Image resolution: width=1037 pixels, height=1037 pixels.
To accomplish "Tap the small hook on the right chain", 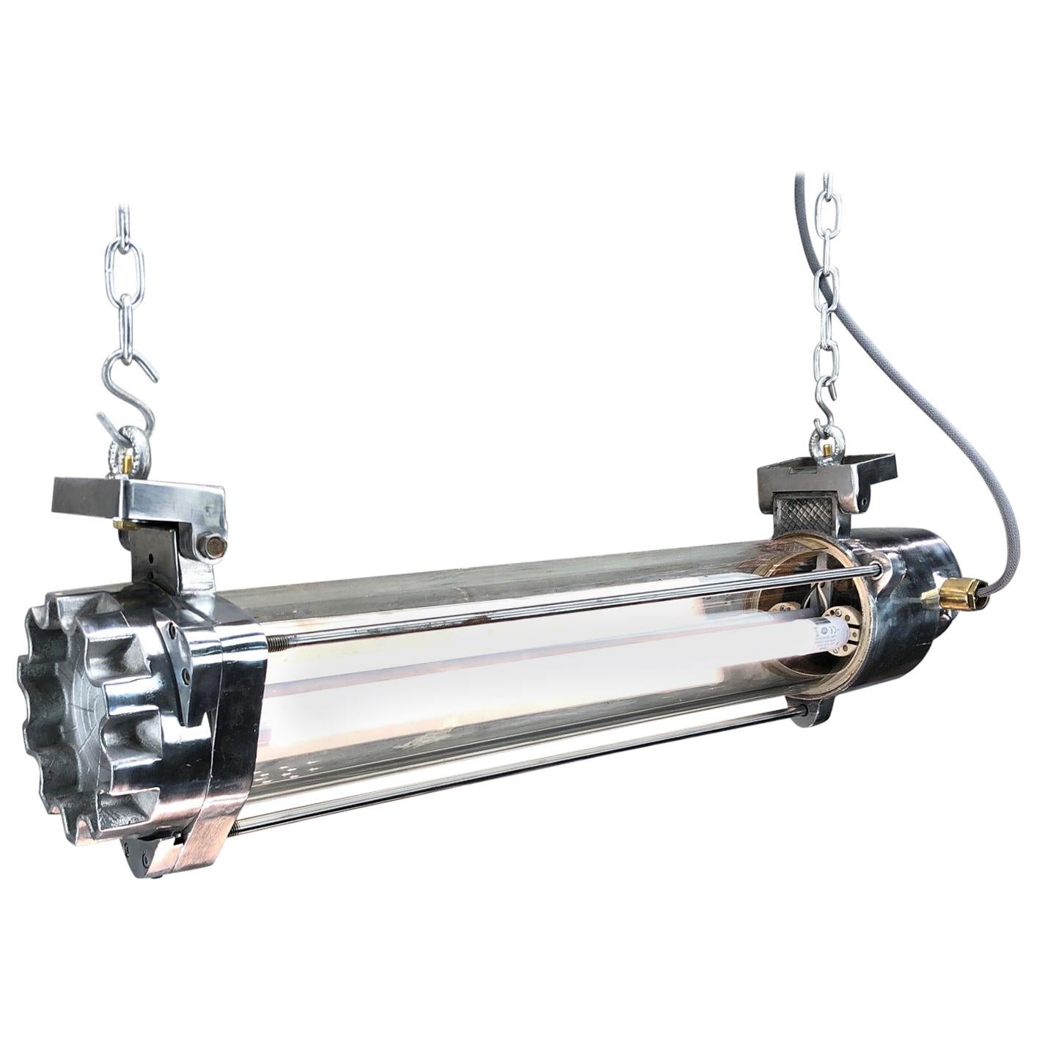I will pos(827,412).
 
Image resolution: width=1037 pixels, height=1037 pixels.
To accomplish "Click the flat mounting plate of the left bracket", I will pos(139,499).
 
